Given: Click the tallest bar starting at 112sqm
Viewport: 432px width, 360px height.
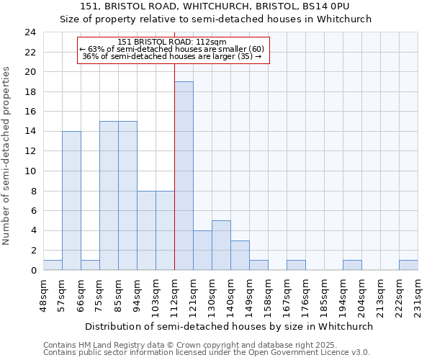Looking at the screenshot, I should coord(184,176).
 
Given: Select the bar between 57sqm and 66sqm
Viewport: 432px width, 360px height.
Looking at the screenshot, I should coord(71,200).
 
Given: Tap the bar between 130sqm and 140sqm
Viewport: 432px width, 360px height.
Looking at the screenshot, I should coord(221,245).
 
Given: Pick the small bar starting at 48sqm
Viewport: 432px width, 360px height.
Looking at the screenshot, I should coord(53,265).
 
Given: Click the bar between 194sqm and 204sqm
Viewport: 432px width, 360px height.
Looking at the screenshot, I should coord(352,265).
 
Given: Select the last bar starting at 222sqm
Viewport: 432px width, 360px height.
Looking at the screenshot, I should coord(408,265).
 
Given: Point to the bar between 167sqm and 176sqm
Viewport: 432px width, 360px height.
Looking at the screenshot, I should coord(296,265).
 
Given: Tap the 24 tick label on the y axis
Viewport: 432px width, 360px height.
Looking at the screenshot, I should coord(30,32).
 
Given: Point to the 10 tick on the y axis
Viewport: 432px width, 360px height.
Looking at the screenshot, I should coord(30,171).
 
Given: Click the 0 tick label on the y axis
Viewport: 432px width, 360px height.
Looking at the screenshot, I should coord(32,271).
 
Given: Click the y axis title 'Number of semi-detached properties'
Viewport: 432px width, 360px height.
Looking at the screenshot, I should coord(7,156).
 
